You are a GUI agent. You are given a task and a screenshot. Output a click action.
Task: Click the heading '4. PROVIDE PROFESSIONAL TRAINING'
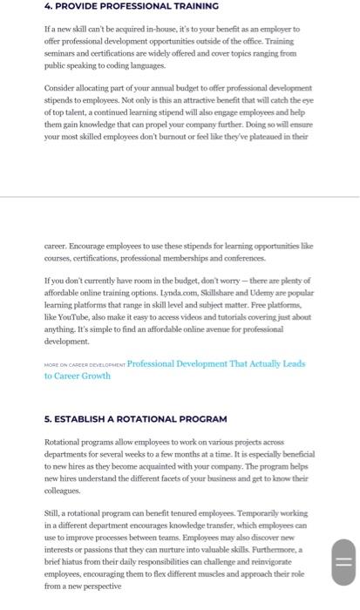pyautogui.click(x=131, y=6)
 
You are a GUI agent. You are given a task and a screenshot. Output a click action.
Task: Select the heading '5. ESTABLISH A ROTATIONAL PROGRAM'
pyautogui.click(x=135, y=418)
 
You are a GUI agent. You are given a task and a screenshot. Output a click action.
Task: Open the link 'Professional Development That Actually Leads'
pyautogui.click(x=216, y=363)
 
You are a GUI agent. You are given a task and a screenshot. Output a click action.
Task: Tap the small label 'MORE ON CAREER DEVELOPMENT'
pyautogui.click(x=84, y=364)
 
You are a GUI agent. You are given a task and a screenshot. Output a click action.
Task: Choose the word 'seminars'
pyautogui.click(x=63, y=52)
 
